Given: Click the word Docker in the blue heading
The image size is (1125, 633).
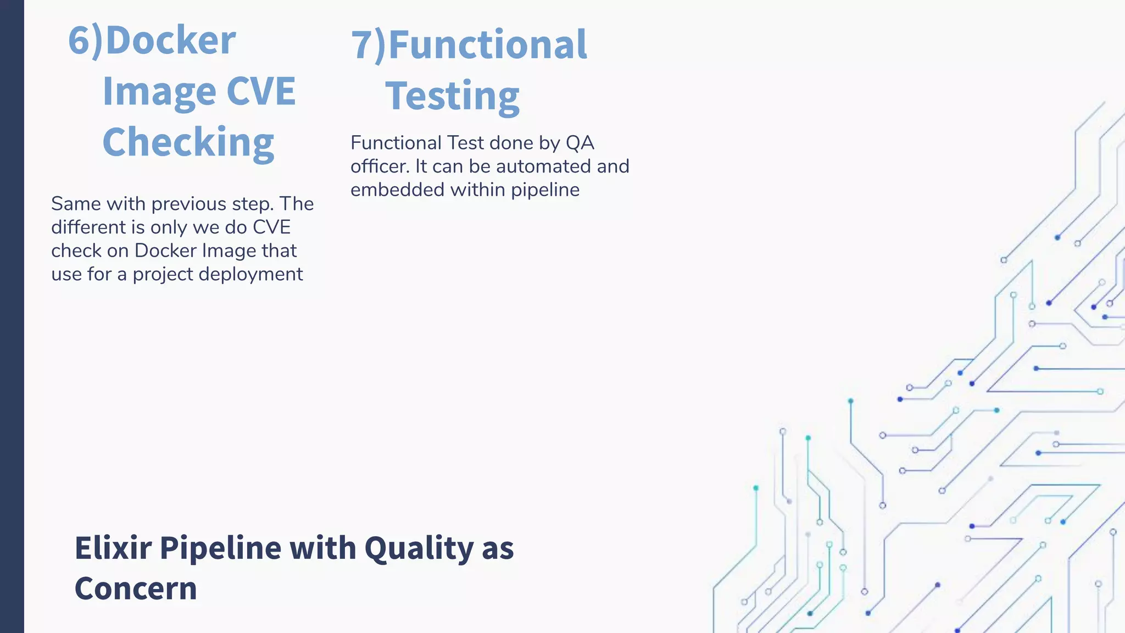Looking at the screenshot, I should coord(170,41).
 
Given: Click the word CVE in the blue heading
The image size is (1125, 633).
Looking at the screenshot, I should coord(261,91).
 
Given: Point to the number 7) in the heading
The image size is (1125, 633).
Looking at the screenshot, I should coord(369,45).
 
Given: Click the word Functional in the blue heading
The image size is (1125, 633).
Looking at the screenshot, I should coord(488,45).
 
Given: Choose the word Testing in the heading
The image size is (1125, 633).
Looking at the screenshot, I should coord(452,97).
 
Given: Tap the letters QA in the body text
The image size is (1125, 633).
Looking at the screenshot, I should coord(580,143).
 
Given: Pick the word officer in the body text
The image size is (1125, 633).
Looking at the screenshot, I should coord(379,166).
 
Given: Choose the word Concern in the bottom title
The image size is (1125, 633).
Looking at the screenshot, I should coord(136,589).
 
